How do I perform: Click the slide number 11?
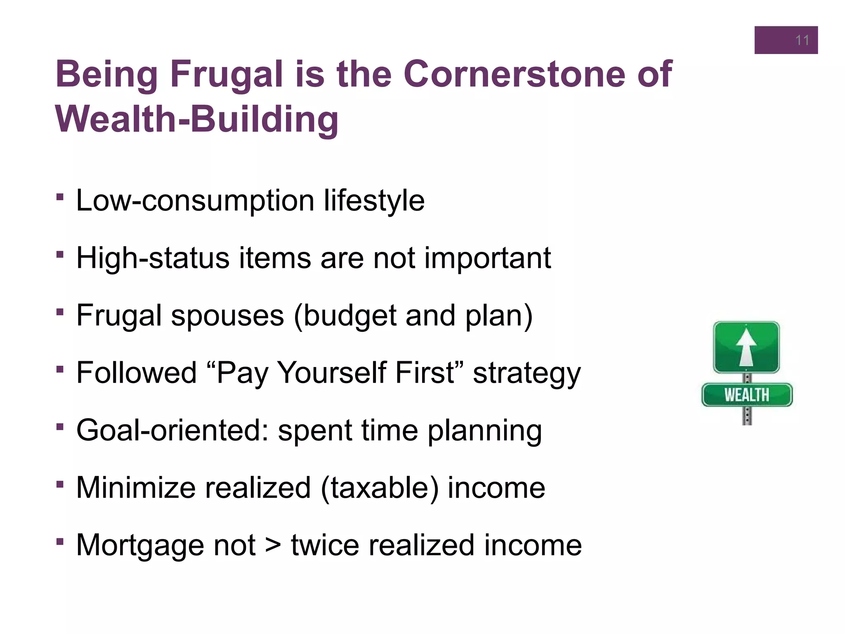(x=802, y=40)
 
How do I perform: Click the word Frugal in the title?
(x=226, y=74)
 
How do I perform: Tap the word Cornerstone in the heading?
(x=514, y=74)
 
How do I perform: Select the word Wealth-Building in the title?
(x=197, y=120)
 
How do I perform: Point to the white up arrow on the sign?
(x=746, y=347)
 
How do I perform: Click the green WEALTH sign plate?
(x=747, y=395)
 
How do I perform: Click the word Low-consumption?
(x=195, y=201)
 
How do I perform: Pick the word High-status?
(x=153, y=258)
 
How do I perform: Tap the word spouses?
(x=227, y=316)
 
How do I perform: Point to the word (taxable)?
(x=379, y=488)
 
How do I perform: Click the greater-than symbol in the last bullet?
(x=273, y=545)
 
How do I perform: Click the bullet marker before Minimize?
(x=60, y=483)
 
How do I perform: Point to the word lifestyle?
(x=374, y=201)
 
